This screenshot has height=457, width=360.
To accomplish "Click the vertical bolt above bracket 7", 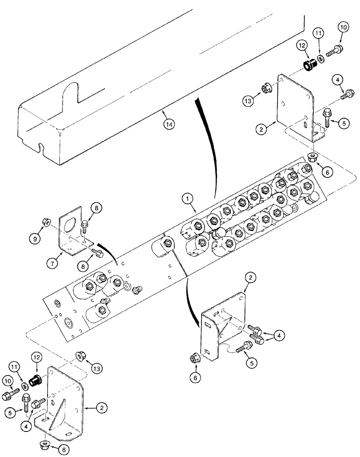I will tap(85, 226).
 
